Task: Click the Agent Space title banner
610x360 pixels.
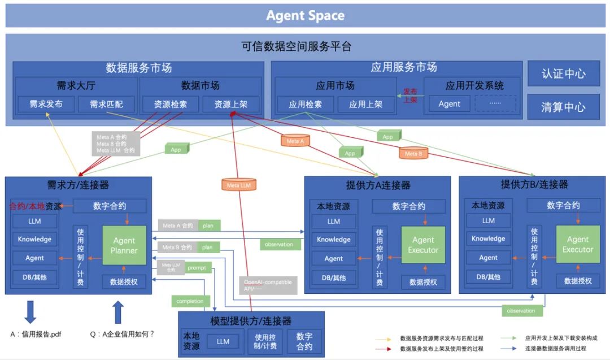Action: click(x=305, y=15)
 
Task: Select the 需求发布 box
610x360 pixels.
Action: click(x=46, y=104)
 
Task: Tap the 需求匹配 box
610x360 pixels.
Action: click(x=106, y=104)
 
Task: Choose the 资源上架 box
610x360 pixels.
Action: click(x=230, y=104)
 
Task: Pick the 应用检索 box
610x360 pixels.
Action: click(x=305, y=104)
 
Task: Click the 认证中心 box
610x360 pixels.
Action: click(x=563, y=74)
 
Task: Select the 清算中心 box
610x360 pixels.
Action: click(x=563, y=107)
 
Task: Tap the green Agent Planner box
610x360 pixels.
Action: click(x=124, y=246)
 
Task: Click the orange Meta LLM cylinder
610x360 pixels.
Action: click(x=238, y=184)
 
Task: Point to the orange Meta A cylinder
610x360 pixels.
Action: click(x=295, y=141)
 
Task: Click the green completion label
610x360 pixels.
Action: click(x=190, y=301)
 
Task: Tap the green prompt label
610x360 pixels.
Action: click(x=197, y=267)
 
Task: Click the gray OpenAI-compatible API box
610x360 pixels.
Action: click(x=260, y=284)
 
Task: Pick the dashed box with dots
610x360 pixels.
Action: click(x=495, y=104)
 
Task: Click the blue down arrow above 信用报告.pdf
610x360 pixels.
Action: click(x=30, y=312)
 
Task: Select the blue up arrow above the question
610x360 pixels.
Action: click(x=118, y=312)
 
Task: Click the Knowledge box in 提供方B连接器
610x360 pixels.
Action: click(x=489, y=239)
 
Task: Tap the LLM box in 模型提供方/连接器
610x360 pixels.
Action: click(x=223, y=341)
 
